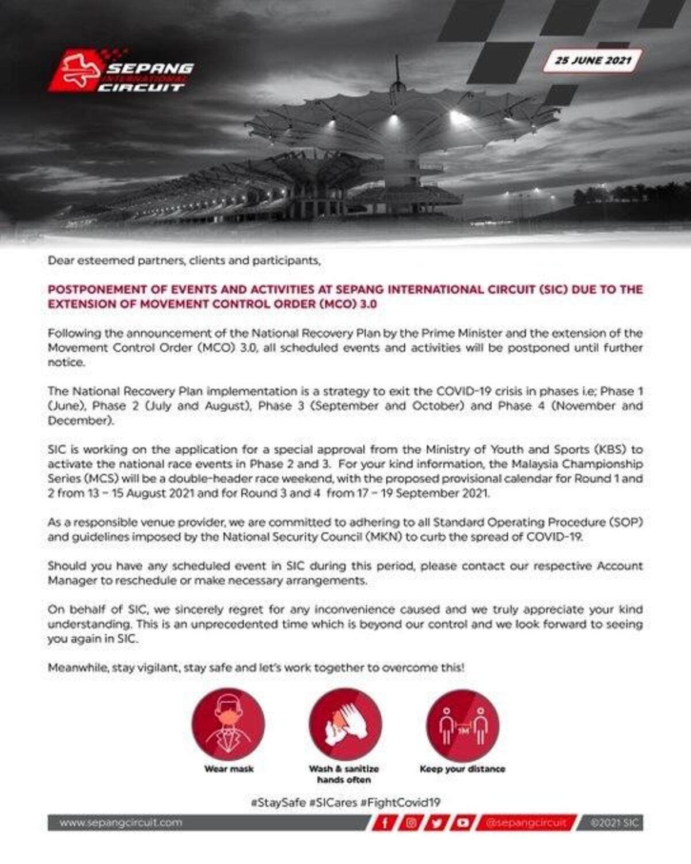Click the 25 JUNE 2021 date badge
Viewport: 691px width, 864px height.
pos(593,60)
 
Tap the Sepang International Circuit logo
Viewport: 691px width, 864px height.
pos(122,71)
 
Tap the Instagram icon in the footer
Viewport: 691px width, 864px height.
pos(411,823)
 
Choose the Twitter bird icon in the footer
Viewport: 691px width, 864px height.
pos(437,823)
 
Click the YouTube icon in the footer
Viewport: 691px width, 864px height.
pos(462,823)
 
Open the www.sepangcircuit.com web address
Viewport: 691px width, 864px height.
pos(120,823)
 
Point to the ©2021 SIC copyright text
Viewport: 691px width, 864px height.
pos(614,823)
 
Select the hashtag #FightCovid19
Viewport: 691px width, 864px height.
pos(400,802)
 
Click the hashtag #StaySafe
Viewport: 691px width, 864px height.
pos(278,802)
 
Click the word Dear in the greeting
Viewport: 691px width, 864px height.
pos(60,260)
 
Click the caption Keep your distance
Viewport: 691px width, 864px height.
pos(462,769)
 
